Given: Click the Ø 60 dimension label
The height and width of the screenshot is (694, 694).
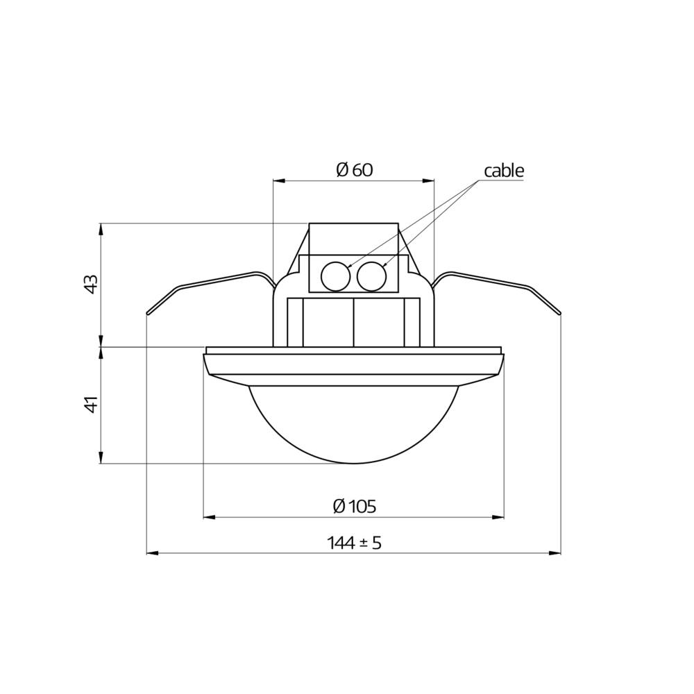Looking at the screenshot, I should tap(354, 170).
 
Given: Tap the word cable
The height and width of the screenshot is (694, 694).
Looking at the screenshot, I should tap(504, 171).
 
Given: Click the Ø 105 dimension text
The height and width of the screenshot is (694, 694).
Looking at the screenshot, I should tap(354, 506).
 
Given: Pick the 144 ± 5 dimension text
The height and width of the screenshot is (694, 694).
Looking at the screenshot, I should tap(355, 543).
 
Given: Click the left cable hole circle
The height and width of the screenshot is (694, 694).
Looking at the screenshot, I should tap(335, 277).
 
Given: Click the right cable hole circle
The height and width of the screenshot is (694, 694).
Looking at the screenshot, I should tap(371, 277).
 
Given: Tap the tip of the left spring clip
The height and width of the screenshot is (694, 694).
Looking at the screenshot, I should tap(148, 314).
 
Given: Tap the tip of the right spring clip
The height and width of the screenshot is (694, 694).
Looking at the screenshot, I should tap(559, 314).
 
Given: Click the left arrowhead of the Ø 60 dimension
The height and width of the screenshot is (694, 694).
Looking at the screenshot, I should tap(278, 180).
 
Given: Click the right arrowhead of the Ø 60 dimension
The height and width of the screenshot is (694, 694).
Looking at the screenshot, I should tap(429, 180).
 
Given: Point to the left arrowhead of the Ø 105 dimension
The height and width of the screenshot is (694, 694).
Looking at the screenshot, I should tap(208, 517).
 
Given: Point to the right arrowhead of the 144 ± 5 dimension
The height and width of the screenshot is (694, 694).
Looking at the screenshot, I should tap(555, 553).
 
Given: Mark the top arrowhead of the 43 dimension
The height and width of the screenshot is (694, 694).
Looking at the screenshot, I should tap(101, 228).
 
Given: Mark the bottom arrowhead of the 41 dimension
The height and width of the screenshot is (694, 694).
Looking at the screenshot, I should tap(101, 458).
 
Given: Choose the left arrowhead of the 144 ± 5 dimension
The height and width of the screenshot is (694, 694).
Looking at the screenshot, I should tap(152, 553).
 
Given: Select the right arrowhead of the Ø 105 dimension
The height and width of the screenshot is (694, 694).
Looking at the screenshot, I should tap(499, 517).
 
